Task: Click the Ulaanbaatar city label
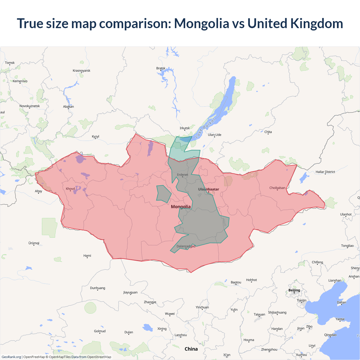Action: tap(208, 189)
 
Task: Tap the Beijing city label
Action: tap(294, 290)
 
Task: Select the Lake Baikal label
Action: tap(205, 128)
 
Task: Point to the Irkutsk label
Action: tap(185, 128)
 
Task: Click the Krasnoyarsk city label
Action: tap(82, 71)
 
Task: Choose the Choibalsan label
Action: tap(277, 188)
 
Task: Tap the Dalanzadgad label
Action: tap(186, 246)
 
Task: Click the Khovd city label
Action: tap(70, 189)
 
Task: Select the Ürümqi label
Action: tap(34, 243)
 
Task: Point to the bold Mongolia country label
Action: tap(181, 207)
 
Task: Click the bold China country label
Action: tap(191, 349)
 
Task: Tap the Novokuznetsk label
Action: tap(30, 106)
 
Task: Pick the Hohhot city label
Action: tap(251, 280)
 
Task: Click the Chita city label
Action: tap(268, 132)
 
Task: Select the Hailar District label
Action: tap(325, 172)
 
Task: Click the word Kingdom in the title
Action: tap(316, 23)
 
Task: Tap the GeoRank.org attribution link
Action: tap(11, 357)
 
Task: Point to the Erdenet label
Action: tap(183, 175)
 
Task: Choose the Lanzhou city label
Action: tap(181, 335)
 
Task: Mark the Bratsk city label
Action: tap(161, 68)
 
